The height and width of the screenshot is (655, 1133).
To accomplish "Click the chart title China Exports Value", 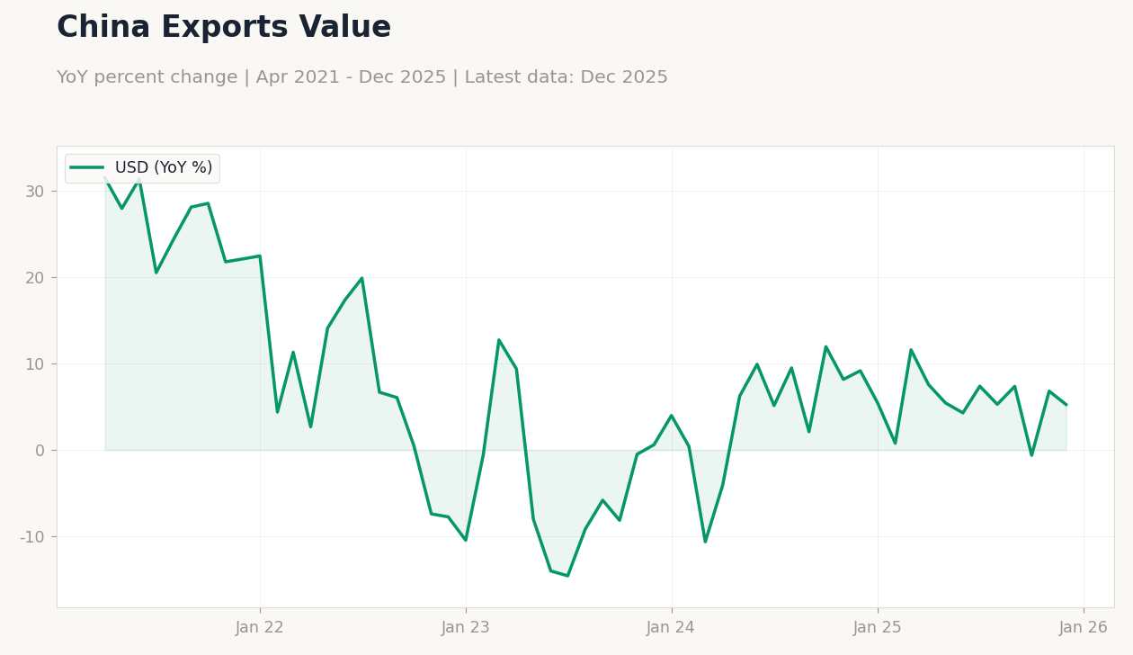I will (x=224, y=28).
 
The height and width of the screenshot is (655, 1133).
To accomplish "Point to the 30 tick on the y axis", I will (x=35, y=192).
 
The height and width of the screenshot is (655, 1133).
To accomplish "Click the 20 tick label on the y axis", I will (x=35, y=278).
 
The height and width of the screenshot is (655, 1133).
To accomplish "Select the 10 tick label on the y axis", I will (x=35, y=364).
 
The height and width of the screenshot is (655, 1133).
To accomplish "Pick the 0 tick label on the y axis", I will (x=40, y=451).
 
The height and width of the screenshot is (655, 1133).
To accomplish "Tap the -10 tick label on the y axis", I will (x=32, y=537).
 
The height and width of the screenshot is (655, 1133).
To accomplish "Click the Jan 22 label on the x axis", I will (x=260, y=628).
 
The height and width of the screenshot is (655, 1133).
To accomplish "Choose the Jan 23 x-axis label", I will (x=466, y=628).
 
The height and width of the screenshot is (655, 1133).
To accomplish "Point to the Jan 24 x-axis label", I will (x=671, y=628).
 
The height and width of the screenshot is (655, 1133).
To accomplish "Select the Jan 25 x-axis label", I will (x=878, y=628).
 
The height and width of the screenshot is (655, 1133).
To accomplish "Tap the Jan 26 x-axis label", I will (x=1084, y=628).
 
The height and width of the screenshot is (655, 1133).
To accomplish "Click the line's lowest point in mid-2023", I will (x=567, y=576).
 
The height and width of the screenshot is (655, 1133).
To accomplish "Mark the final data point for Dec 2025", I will (x=1066, y=405).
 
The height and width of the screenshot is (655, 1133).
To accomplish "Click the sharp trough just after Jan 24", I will (x=705, y=542).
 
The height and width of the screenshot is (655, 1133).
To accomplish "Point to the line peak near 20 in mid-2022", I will (x=362, y=278).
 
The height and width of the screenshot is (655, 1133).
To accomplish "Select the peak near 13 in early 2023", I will (x=499, y=340).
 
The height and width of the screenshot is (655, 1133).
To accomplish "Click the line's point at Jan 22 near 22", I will (x=260, y=256).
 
